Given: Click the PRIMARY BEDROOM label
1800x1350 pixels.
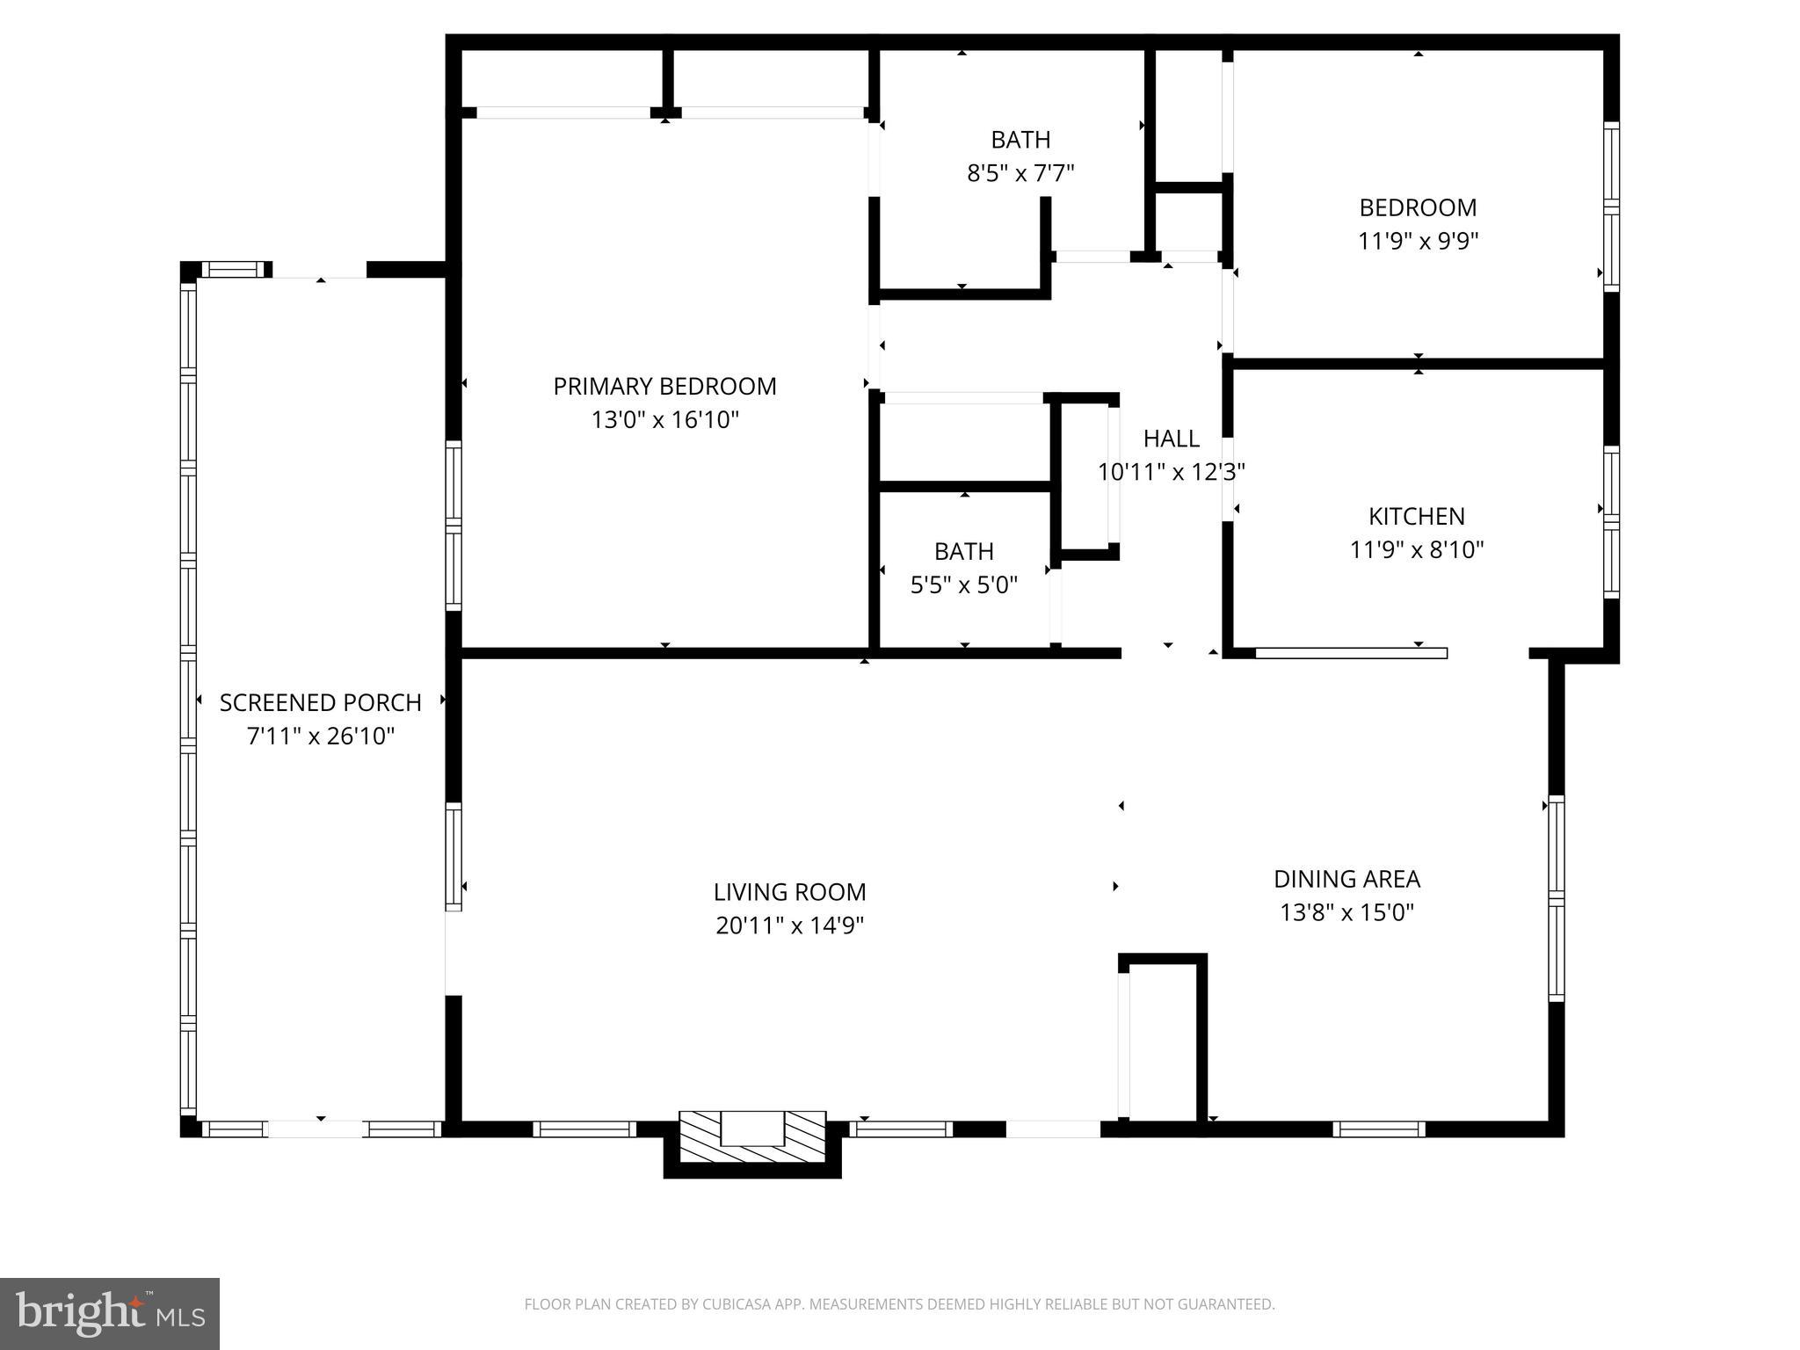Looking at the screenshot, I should (664, 386).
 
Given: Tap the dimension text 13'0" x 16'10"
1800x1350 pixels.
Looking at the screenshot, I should (664, 420).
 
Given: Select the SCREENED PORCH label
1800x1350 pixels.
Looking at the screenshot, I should (320, 702).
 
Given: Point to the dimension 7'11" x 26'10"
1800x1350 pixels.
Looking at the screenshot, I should (320, 736).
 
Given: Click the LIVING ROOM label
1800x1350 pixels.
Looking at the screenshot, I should (789, 892).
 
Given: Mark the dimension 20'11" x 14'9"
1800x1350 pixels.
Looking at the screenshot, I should (789, 925).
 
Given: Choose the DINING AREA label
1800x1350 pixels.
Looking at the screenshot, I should (1346, 879).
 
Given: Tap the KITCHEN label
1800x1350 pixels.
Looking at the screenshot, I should (1416, 516).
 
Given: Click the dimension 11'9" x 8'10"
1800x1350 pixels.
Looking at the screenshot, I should (1416, 550).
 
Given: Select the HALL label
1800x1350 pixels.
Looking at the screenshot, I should (1171, 439).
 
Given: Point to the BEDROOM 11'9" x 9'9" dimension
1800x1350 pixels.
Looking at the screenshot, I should (1418, 241).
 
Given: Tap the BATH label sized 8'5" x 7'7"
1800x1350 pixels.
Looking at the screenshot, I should (1020, 140).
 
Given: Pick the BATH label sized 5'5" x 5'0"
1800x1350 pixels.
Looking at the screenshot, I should (963, 551).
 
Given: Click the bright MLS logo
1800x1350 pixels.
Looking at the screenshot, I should (110, 1314).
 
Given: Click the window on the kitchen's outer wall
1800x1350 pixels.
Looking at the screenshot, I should (1610, 523).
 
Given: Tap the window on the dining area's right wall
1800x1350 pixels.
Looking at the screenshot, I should (1556, 898).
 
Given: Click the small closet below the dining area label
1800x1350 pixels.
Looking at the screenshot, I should (1164, 1042).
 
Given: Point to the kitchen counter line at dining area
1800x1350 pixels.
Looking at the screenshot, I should (1351, 653).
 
